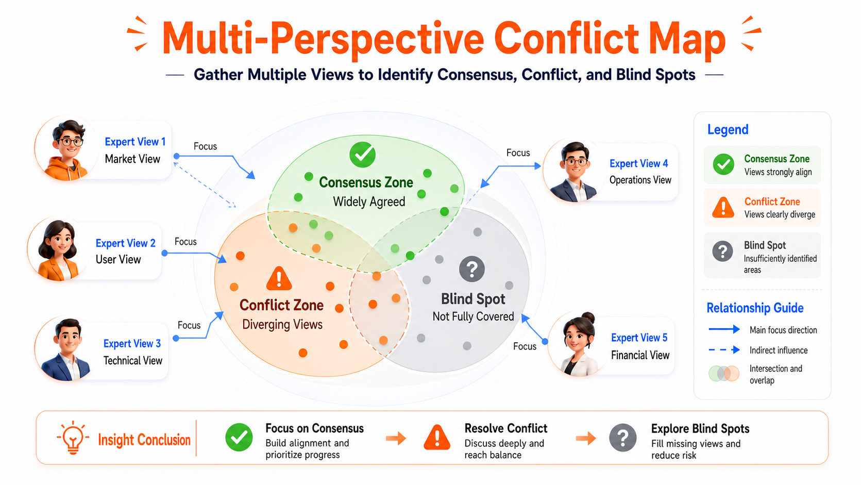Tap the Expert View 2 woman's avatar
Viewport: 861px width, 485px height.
[x=59, y=249]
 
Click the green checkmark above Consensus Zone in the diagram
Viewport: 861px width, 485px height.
[x=362, y=155]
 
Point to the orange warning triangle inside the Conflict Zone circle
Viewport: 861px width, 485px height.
[x=279, y=278]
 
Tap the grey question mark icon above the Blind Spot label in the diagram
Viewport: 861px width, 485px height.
[x=472, y=269]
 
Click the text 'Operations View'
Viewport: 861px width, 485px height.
[x=640, y=180]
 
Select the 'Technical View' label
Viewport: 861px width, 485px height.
[x=133, y=360]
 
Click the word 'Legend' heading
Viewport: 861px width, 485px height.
[x=728, y=129]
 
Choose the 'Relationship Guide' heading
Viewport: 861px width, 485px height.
[x=755, y=308]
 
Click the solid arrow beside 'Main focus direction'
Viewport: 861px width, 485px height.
[x=724, y=329]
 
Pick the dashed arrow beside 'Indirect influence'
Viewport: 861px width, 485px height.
[x=724, y=349]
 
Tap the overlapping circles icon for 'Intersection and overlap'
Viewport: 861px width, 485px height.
[x=724, y=374]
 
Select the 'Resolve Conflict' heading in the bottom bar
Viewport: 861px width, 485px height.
[x=506, y=428]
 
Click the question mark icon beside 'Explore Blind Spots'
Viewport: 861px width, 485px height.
[x=622, y=438]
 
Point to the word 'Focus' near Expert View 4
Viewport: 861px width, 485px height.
[x=518, y=153]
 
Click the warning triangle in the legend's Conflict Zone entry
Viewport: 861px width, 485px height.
[x=723, y=208]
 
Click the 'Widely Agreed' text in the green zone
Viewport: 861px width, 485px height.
[x=369, y=202]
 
